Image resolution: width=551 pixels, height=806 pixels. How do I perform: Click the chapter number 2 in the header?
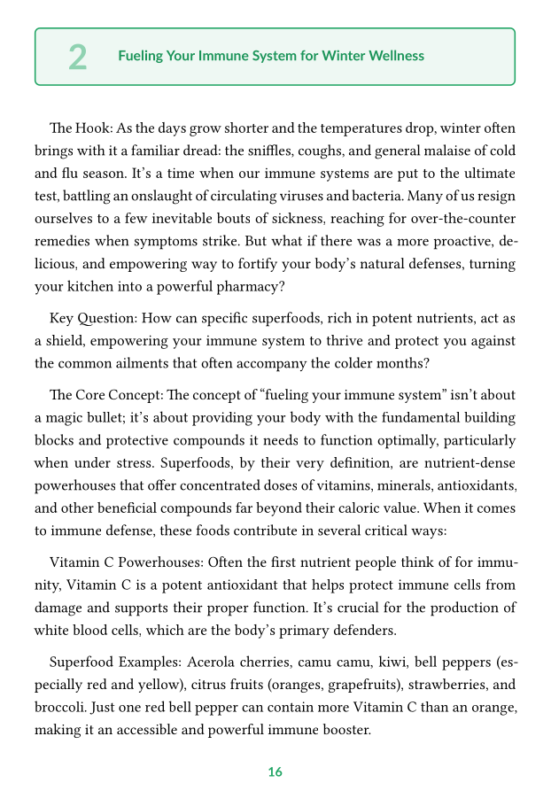pyautogui.click(x=78, y=57)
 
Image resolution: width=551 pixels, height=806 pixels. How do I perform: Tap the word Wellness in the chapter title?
pyautogui.click(x=395, y=56)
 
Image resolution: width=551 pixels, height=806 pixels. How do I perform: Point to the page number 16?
pyautogui.click(x=275, y=772)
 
